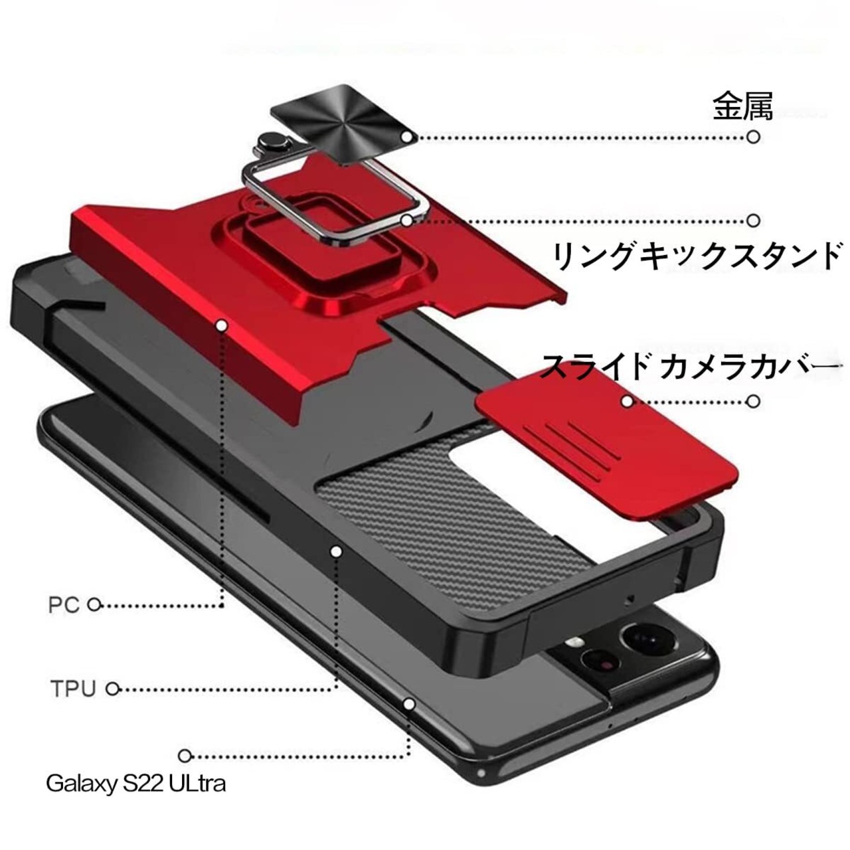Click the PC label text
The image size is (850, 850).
point(64,605)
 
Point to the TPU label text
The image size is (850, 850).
point(73,689)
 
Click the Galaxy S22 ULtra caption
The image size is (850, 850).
point(136,784)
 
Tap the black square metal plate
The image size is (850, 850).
point(344,124)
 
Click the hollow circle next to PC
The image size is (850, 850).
point(94,605)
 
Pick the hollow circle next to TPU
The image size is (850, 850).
point(113,689)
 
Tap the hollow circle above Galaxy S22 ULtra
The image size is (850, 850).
point(185,756)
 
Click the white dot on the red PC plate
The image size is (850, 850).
point(222,326)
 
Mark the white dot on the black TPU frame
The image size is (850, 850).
point(336,551)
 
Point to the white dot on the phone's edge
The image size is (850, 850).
point(409,704)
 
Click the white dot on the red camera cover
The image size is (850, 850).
point(627,401)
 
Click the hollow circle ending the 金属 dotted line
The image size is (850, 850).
point(754,137)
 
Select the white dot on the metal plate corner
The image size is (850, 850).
point(406,137)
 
